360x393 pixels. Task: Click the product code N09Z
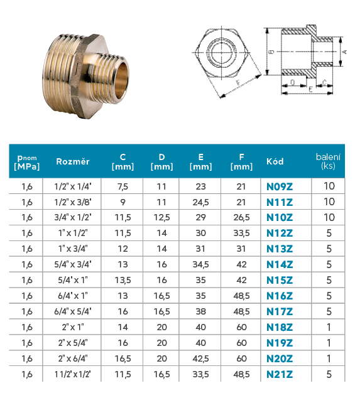(280, 186)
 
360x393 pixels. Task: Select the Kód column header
(275, 161)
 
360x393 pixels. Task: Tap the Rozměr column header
(73, 161)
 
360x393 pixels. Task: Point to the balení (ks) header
(328, 161)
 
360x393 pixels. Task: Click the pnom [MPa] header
(27, 162)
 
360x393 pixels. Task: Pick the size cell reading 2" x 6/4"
(73, 358)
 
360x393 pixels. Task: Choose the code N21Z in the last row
(280, 374)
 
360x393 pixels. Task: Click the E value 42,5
(200, 358)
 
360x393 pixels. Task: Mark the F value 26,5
(241, 218)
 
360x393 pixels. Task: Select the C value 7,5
(123, 186)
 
